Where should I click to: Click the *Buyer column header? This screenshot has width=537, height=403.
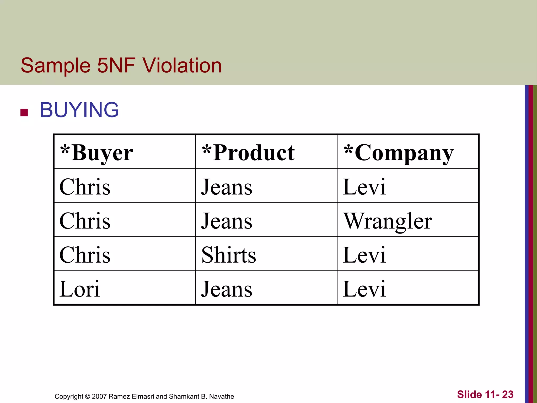[x=97, y=153]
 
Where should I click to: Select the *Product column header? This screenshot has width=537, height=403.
[x=248, y=153]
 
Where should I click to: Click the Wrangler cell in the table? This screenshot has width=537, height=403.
[x=388, y=221]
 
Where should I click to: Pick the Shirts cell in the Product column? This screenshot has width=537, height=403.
[x=229, y=255]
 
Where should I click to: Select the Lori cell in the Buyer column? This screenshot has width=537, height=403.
[x=80, y=289]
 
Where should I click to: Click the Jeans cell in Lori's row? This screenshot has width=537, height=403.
[x=227, y=289]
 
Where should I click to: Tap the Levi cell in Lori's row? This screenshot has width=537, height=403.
[x=364, y=289]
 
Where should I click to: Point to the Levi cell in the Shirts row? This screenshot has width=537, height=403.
[x=364, y=255]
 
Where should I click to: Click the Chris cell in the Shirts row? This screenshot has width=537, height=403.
[x=85, y=255]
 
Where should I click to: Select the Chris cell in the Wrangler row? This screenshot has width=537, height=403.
[x=85, y=221]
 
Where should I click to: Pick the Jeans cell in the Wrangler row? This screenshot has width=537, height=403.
[x=227, y=221]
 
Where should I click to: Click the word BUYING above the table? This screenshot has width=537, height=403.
[x=79, y=110]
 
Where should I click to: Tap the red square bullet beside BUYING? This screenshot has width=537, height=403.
[x=24, y=113]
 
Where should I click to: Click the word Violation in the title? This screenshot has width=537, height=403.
[x=182, y=65]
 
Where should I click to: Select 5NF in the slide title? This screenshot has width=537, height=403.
[x=116, y=65]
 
